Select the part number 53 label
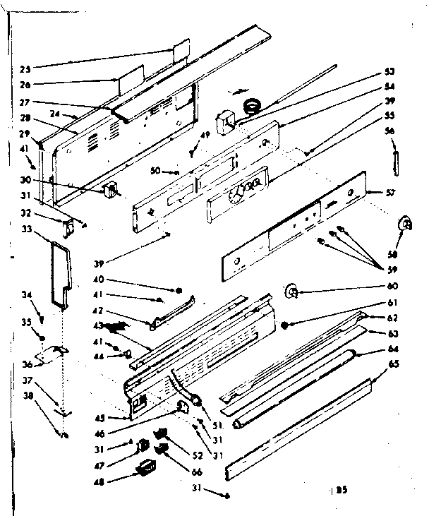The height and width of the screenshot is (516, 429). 389,72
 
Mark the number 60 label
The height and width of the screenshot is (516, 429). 392,287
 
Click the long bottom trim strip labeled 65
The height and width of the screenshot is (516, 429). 300,427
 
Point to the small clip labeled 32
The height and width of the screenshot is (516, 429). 68,226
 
